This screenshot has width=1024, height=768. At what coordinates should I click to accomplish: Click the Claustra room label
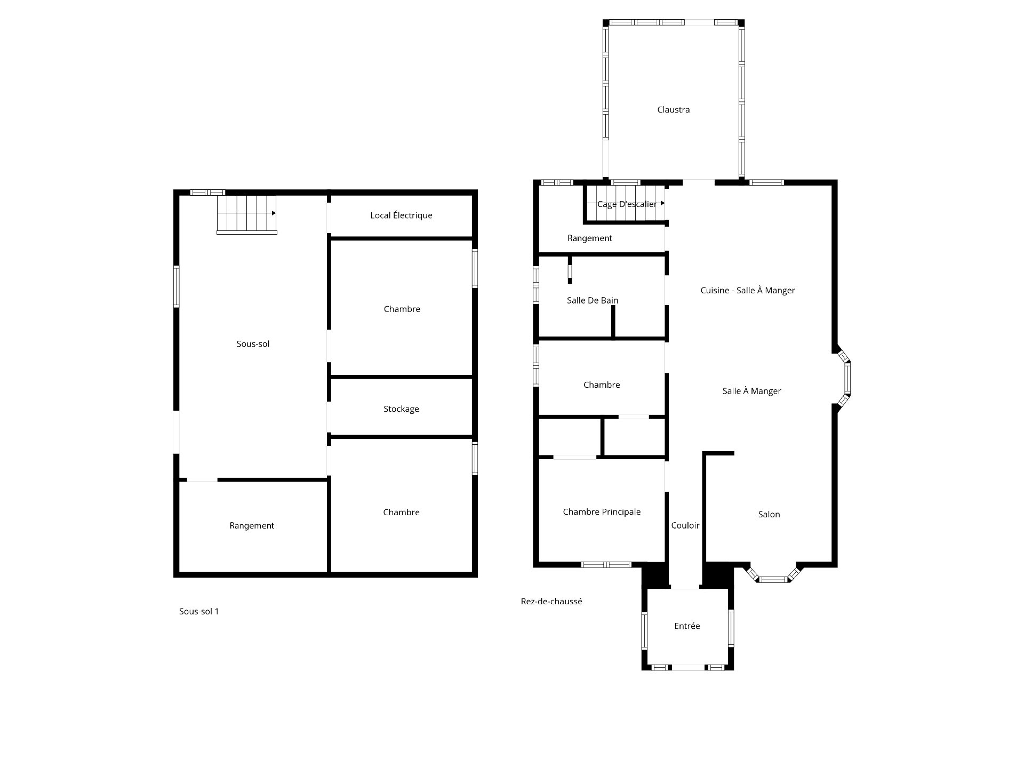(673, 110)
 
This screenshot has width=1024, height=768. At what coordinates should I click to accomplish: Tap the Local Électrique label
(401, 215)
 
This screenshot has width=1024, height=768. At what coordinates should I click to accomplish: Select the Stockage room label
(401, 409)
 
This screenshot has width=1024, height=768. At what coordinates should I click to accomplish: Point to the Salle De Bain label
(593, 301)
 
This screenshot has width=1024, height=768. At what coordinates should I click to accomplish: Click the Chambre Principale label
(602, 512)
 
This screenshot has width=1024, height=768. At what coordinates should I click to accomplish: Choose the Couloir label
(685, 526)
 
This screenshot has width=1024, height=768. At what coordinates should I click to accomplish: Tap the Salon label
(769, 515)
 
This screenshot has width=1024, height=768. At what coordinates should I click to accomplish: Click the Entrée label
(687, 626)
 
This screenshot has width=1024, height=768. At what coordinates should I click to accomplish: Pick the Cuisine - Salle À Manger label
(748, 291)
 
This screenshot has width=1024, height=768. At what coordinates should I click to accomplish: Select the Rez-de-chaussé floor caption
(551, 602)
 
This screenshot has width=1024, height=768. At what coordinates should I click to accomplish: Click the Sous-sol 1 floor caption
(199, 612)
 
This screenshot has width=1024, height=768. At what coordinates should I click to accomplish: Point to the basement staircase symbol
(246, 214)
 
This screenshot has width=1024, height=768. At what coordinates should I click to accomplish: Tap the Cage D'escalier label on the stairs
(627, 204)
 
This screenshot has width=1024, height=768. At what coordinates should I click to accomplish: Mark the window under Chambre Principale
(606, 565)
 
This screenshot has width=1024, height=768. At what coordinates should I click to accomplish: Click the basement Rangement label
(252, 526)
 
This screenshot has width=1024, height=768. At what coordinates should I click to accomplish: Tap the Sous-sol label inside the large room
(253, 344)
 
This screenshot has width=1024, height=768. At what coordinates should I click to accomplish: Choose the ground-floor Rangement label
(589, 238)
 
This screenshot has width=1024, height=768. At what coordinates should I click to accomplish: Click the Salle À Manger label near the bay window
(751, 391)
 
